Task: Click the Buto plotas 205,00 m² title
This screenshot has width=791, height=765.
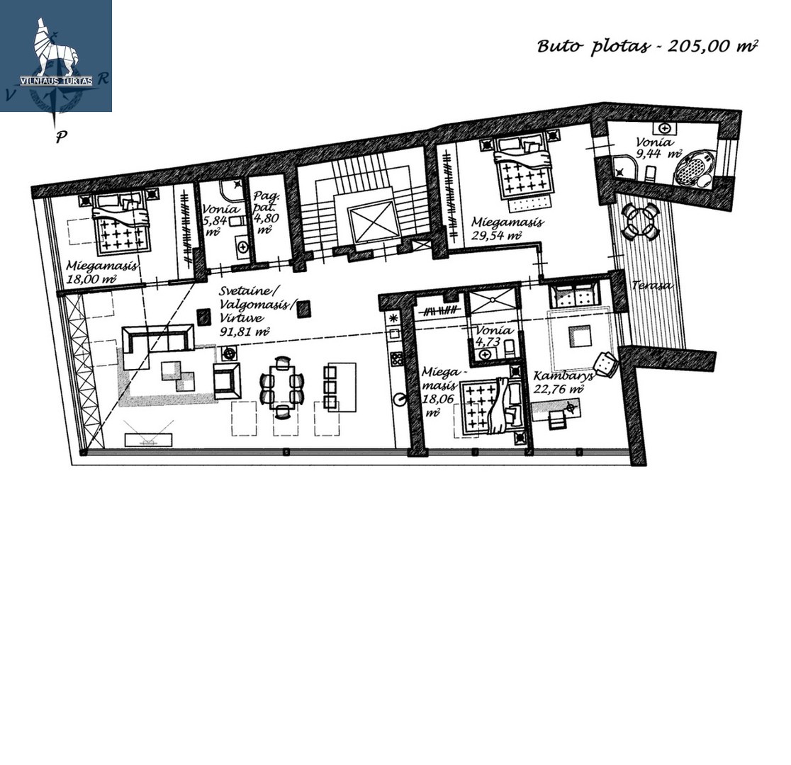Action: coord(647,46)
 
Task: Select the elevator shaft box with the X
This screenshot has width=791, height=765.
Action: coord(374,222)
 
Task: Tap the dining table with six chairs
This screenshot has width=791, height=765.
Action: coord(283,387)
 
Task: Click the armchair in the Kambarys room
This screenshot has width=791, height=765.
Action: coord(605,363)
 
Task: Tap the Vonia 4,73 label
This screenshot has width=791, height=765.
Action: coord(493,336)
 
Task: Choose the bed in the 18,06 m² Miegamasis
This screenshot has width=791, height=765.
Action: coord(495,406)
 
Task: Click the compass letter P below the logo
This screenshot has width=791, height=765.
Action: coord(61,137)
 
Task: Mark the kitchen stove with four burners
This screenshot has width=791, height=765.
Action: coord(395,359)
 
